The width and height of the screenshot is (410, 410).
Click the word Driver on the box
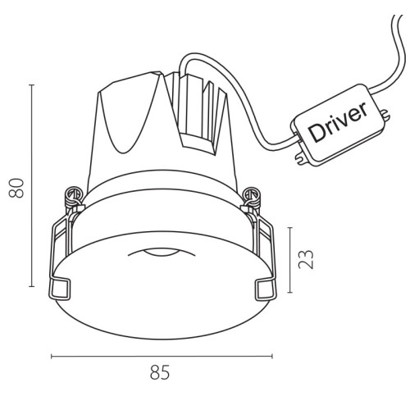tap(339, 122)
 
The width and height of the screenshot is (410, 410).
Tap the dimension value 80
tap(16, 188)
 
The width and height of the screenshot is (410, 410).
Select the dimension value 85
tap(160, 372)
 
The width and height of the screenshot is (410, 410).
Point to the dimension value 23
tap(306, 259)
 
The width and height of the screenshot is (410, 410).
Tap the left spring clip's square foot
tap(59, 290)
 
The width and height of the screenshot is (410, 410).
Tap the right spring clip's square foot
tap(266, 290)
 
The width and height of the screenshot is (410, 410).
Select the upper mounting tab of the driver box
tap(385, 115)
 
